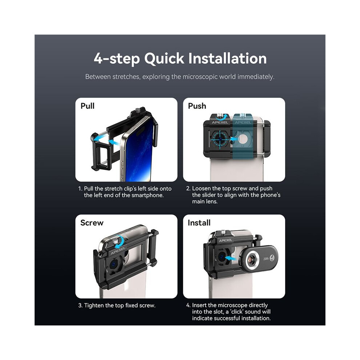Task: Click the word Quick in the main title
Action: click(164, 59)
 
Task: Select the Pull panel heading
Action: click(88, 106)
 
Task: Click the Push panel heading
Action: click(197, 106)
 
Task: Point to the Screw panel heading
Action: click(92, 223)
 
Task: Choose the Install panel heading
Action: click(199, 223)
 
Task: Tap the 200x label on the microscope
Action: click(266, 259)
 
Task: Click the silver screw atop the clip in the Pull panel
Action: click(138, 110)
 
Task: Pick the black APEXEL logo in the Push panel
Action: click(220, 123)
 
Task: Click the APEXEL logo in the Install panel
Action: click(225, 240)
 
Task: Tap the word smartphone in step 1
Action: click(147, 195)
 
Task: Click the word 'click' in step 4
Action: click(236, 312)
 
